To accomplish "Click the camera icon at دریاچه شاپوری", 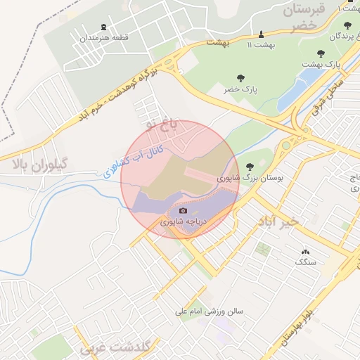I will pyautogui.click(x=184, y=210).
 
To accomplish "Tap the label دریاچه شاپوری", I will pyautogui.click(x=184, y=221).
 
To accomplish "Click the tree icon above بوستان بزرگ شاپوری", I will pyautogui.click(x=250, y=167).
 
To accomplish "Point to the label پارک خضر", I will pyautogui.click(x=241, y=90).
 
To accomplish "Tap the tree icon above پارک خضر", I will pyautogui.click(x=241, y=78).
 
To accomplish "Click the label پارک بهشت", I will pyautogui.click(x=321, y=64).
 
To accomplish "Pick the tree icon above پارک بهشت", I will pyautogui.click(x=321, y=53).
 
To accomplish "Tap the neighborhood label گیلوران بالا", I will pyautogui.click(x=39, y=164).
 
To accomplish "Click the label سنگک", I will pyautogui.click(x=305, y=262).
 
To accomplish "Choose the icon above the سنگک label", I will pyautogui.click(x=305, y=251).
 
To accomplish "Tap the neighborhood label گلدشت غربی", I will pyautogui.click(x=115, y=347).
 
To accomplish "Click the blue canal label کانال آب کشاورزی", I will pyautogui.click(x=134, y=161).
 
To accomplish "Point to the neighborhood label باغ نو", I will pyautogui.click(x=163, y=124).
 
